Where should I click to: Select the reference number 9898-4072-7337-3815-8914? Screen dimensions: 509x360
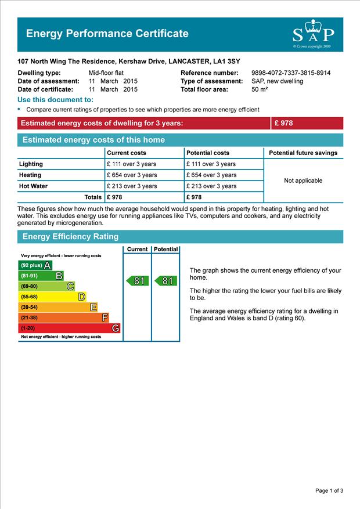(x=291, y=73)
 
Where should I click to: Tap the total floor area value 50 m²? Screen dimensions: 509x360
(x=259, y=89)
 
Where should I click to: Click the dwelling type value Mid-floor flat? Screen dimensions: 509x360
(x=106, y=73)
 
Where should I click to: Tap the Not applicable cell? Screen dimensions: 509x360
(x=303, y=181)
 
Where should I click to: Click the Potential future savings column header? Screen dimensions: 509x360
(x=303, y=153)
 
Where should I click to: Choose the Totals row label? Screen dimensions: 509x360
(x=93, y=197)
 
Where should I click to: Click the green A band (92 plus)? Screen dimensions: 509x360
(x=35, y=265)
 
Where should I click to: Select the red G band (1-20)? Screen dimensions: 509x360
(x=70, y=328)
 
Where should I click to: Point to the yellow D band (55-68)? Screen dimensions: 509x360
(x=53, y=297)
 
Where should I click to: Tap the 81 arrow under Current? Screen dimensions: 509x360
(x=138, y=281)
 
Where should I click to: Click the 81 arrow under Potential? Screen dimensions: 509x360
(x=165, y=281)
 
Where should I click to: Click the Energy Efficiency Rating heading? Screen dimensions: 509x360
(x=70, y=237)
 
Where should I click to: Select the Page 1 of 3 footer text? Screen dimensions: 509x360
(x=329, y=491)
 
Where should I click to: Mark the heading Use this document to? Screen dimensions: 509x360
(x=56, y=100)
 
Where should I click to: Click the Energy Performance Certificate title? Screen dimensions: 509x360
(x=107, y=34)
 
